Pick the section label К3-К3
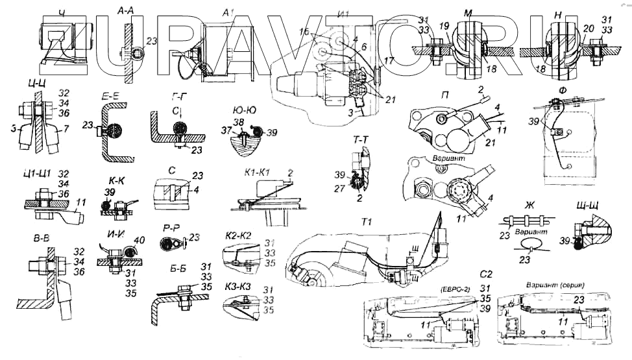point(238,289)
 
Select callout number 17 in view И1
point(388,60)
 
